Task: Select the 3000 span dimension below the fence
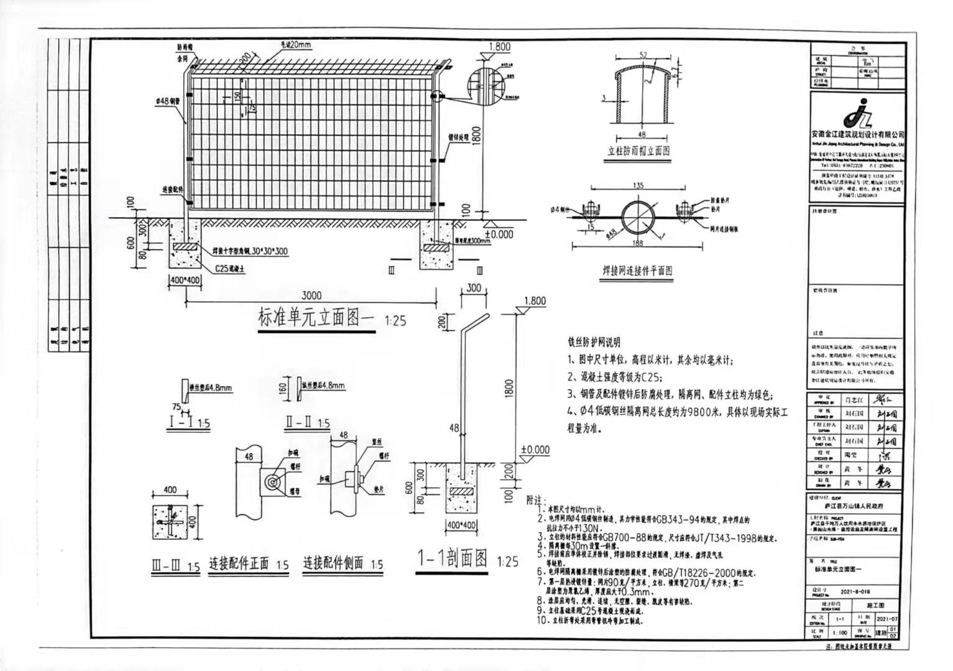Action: point(311,295)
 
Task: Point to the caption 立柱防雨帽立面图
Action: point(638,150)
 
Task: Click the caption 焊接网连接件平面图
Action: point(637,271)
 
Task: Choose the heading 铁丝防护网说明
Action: point(594,342)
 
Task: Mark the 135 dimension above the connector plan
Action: point(638,185)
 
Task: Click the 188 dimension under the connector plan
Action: point(638,243)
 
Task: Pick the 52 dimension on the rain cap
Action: point(643,55)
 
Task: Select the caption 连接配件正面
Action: point(239,564)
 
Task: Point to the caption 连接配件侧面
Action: point(333,564)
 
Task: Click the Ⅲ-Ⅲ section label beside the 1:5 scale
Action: point(166,567)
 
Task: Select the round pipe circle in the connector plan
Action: point(637,216)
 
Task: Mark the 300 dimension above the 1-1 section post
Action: point(474,288)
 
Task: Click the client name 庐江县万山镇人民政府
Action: point(854,507)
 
